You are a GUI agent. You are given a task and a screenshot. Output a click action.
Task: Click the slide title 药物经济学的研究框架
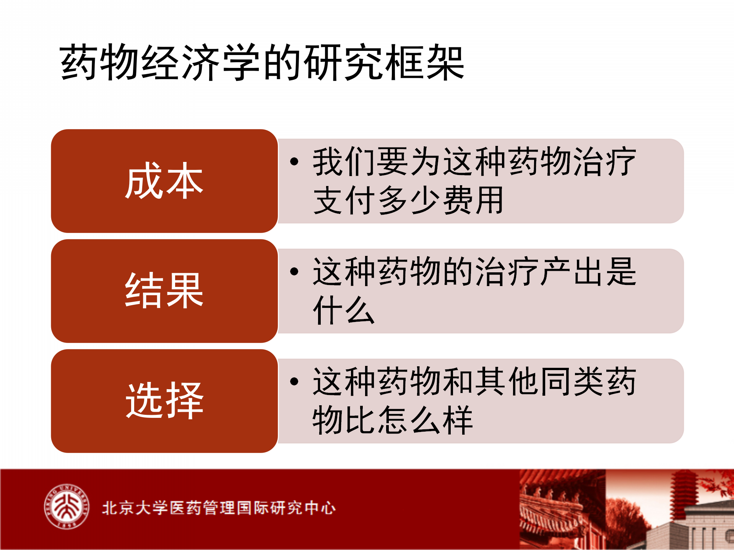click(x=262, y=62)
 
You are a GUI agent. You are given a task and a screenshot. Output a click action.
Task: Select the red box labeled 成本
click(x=164, y=181)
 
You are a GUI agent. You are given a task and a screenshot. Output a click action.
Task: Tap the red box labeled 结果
click(x=164, y=291)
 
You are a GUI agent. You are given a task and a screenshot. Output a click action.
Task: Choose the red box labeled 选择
click(x=164, y=401)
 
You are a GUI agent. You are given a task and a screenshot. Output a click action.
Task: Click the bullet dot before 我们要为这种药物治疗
click(x=294, y=162)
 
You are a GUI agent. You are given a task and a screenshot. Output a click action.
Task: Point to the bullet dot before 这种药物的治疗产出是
click(x=294, y=272)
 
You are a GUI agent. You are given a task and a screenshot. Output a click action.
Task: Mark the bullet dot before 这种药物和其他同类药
click(x=294, y=382)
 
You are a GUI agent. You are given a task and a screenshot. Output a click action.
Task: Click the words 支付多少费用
click(x=408, y=200)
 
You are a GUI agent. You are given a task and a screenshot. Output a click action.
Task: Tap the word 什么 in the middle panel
click(x=344, y=310)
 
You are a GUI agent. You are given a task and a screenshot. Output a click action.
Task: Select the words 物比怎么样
click(x=393, y=420)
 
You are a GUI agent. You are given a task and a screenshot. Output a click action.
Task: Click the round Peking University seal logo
click(x=67, y=507)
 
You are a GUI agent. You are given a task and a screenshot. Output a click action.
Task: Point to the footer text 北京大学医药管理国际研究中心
click(x=219, y=508)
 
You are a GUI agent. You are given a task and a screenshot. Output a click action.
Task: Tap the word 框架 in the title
click(x=424, y=62)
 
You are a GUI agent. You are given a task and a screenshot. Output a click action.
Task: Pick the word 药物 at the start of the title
click(x=100, y=62)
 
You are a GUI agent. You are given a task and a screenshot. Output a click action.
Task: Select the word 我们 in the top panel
click(x=344, y=162)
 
